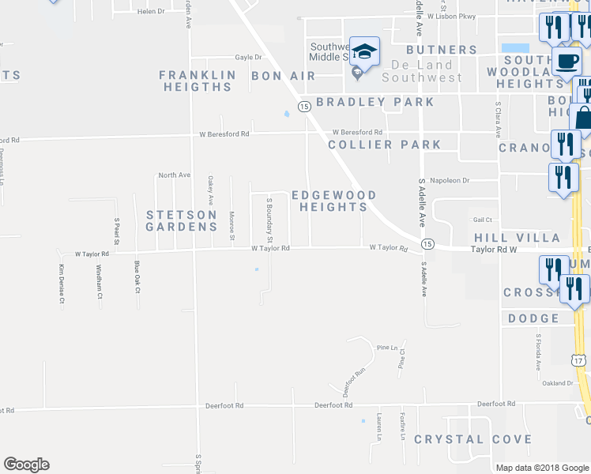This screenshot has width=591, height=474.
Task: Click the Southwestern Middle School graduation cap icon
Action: point(364,52)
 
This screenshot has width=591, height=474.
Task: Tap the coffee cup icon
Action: point(566,61)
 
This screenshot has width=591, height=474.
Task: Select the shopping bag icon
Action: point(584,118)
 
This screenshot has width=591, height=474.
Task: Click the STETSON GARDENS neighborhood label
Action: point(181,220)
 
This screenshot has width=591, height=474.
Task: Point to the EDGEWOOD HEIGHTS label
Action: point(333,201)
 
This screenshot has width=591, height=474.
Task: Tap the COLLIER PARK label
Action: point(385,145)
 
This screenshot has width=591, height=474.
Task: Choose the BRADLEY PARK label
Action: point(375,102)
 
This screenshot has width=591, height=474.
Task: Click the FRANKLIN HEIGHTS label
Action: point(198,81)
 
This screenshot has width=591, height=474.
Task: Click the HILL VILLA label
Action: point(517,238)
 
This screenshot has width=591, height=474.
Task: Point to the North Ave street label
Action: point(175,175)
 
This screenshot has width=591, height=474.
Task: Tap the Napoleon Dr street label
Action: point(454,180)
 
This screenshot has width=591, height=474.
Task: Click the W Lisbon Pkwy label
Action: point(454,16)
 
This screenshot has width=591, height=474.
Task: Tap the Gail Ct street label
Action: point(483,220)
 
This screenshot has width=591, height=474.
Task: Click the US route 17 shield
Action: point(579,360)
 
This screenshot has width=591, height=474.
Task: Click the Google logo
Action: point(26,465)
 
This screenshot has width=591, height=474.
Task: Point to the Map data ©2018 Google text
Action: point(542,468)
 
